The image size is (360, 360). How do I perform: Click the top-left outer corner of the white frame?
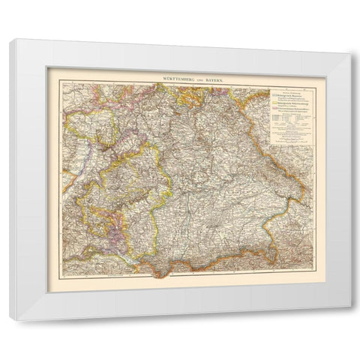point(10,40)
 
